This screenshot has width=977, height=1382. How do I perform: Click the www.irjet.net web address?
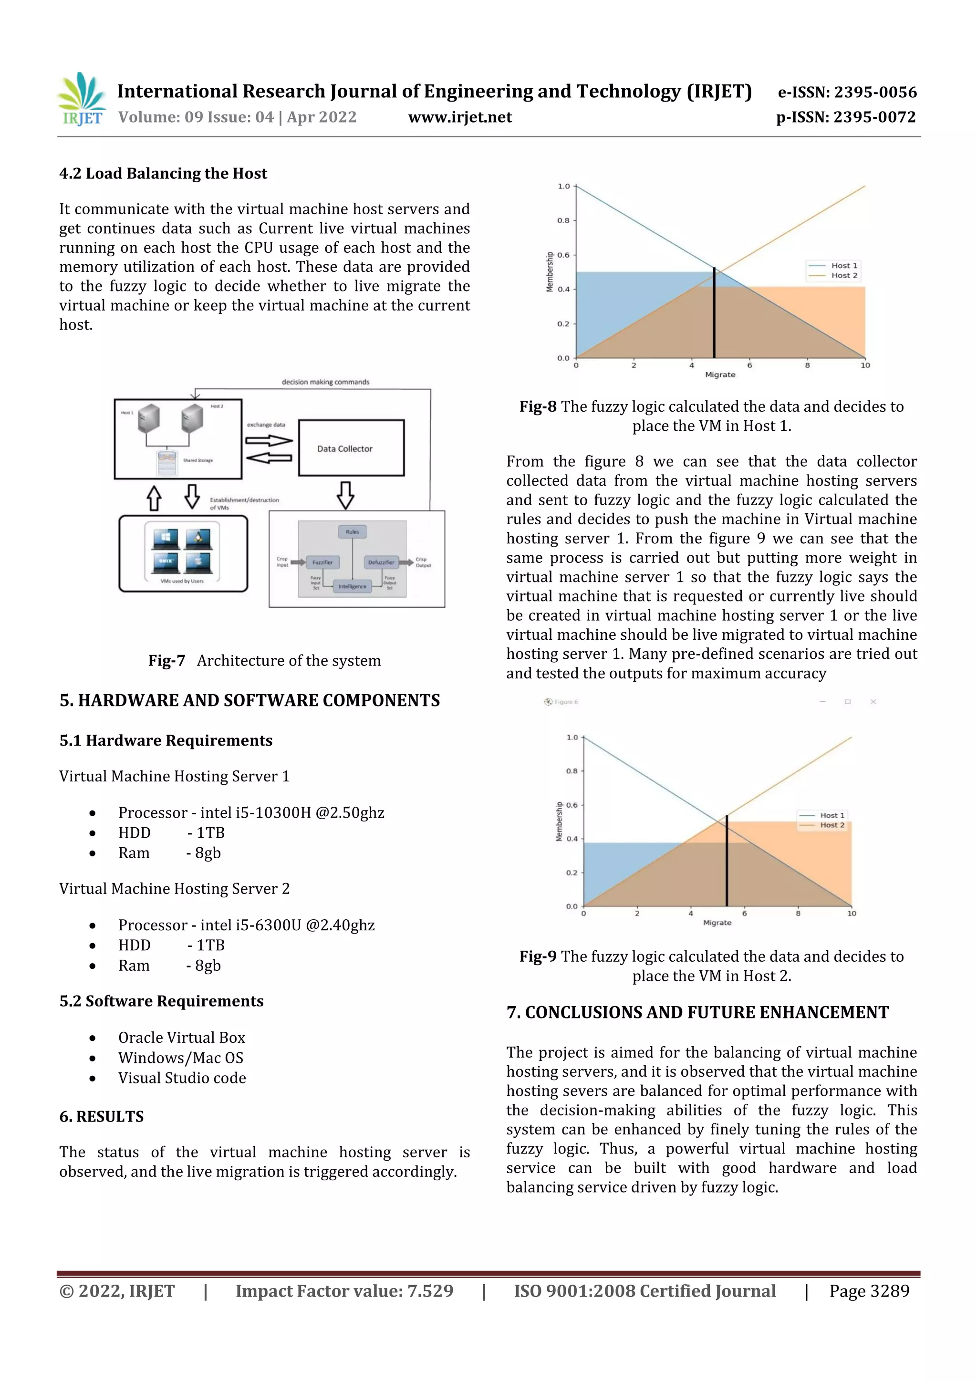(x=460, y=117)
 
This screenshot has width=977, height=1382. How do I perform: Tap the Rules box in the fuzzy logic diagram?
(x=352, y=531)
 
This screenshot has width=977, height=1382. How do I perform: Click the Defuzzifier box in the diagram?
(x=381, y=562)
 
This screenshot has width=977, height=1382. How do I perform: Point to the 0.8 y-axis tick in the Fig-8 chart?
(x=563, y=220)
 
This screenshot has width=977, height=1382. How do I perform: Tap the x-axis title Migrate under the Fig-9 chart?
(x=717, y=923)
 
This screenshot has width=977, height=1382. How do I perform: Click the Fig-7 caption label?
(x=167, y=661)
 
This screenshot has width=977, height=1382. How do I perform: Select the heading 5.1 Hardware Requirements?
(x=166, y=740)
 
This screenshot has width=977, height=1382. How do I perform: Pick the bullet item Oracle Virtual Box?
(x=181, y=1038)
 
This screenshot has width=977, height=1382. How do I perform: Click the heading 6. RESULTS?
(x=101, y=1117)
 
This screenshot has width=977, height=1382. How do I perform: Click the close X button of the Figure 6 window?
(x=873, y=702)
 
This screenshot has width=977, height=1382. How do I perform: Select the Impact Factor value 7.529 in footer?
(x=430, y=1291)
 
